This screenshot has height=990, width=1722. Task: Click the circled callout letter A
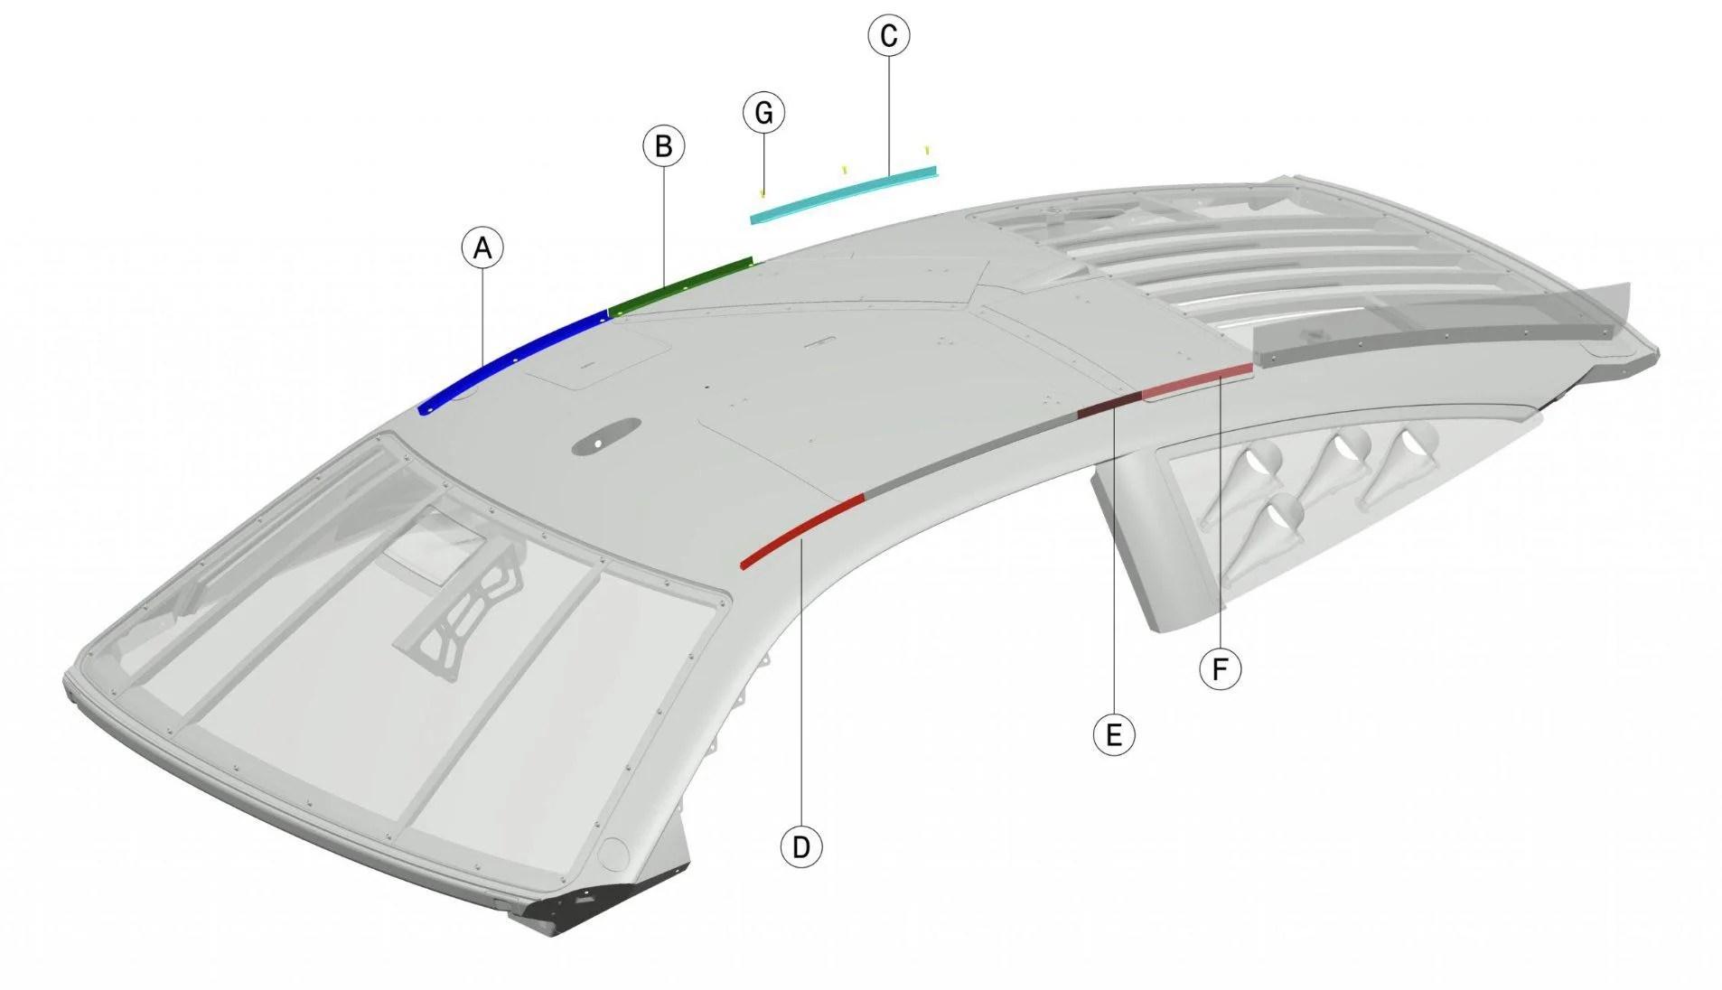pos(482,247)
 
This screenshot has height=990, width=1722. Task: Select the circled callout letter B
pos(663,146)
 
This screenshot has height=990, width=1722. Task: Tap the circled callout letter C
pos(888,36)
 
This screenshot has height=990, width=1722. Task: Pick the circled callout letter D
pos(800,847)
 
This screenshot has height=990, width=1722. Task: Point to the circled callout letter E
pos(1113,734)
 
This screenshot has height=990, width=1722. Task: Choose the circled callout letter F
pos(1220,670)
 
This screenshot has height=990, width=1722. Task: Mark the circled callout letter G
pos(763,114)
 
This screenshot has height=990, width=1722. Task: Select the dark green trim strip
pos(680,286)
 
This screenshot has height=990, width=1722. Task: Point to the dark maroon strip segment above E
pos(1109,405)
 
